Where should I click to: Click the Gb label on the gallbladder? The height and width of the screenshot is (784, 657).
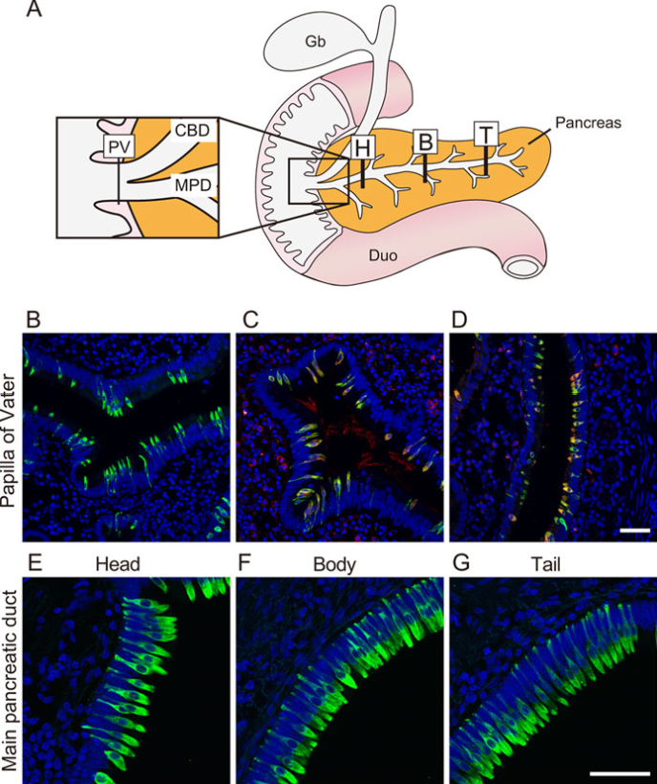pyautogui.click(x=315, y=41)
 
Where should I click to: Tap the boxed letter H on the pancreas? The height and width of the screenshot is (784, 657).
pyautogui.click(x=363, y=148)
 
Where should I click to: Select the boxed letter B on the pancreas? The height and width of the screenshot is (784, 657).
pyautogui.click(x=425, y=142)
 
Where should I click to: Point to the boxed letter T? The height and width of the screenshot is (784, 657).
pyautogui.click(x=486, y=134)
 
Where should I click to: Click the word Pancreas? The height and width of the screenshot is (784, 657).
pyautogui.click(x=588, y=122)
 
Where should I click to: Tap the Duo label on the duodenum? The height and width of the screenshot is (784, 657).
pyautogui.click(x=384, y=256)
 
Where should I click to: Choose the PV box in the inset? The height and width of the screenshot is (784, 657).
pyautogui.click(x=118, y=147)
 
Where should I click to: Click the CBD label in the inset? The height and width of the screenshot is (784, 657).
pyautogui.click(x=192, y=130)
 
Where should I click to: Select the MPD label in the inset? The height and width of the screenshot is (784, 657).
pyautogui.click(x=193, y=185)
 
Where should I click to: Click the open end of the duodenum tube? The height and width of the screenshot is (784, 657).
pyautogui.click(x=522, y=267)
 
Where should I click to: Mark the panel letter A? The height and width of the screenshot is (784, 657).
pyautogui.click(x=33, y=9)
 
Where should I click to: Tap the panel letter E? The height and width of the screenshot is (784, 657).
pyautogui.click(x=34, y=563)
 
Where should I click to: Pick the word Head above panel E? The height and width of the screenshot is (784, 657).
pyautogui.click(x=117, y=564)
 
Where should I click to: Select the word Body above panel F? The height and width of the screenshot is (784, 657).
pyautogui.click(x=334, y=564)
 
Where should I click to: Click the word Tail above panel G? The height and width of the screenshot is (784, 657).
pyautogui.click(x=545, y=564)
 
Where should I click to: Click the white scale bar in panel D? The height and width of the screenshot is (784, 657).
pyautogui.click(x=635, y=530)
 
